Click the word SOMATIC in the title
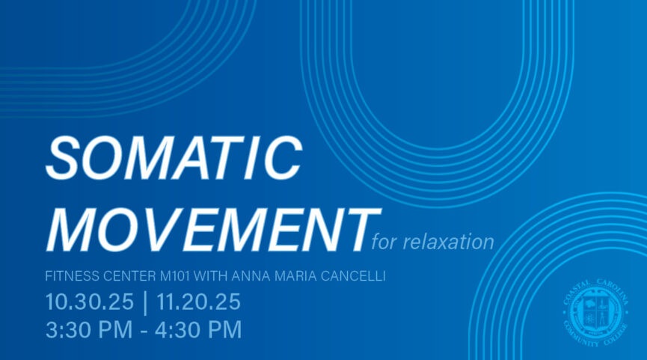point(174,159)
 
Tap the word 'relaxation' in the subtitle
point(448,242)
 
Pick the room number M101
point(177,277)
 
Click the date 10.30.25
point(88,302)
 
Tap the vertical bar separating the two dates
point(144,302)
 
